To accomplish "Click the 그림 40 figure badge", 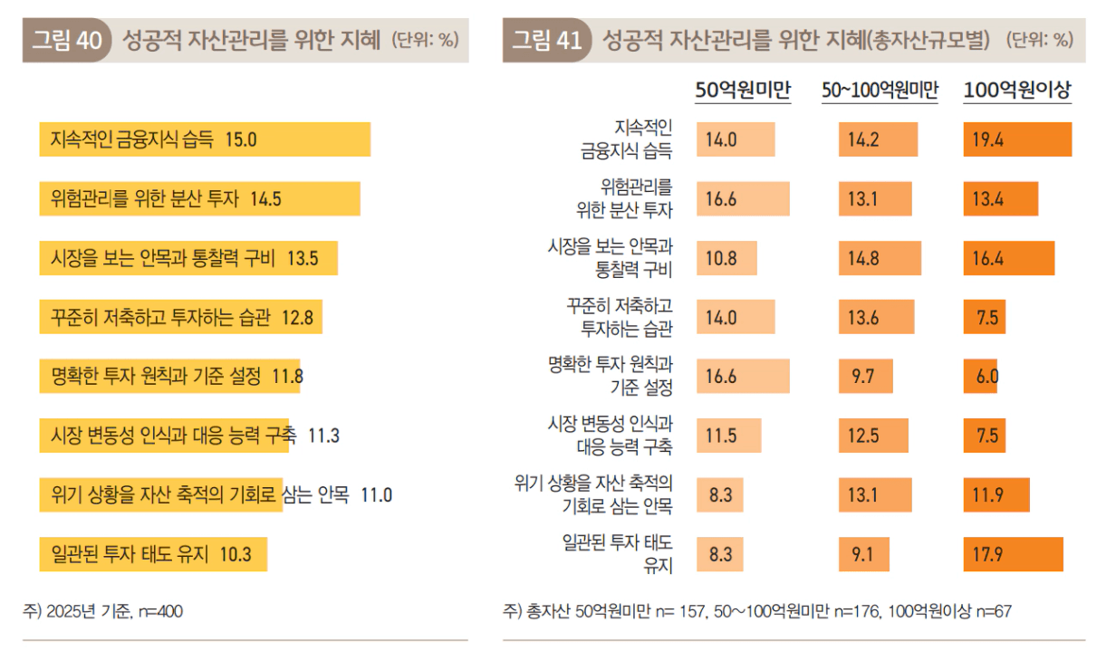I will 66,41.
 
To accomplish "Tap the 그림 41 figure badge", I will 546,41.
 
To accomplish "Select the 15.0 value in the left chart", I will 242,139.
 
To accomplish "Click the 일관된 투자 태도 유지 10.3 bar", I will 153,553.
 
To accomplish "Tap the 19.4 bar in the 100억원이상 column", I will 1017,139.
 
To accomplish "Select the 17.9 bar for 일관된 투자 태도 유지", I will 1013,554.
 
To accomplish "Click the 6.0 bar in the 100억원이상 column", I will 980,377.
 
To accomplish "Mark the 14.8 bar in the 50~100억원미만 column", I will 879,258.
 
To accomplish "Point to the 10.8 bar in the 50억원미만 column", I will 726,258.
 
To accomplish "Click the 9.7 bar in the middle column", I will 865,377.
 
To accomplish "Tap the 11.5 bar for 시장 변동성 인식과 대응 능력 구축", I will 728,436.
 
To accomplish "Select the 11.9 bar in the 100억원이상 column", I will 996,495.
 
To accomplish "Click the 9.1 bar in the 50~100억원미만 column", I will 863,554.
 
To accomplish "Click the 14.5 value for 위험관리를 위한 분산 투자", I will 265,199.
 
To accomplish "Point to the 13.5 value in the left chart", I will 303,258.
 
